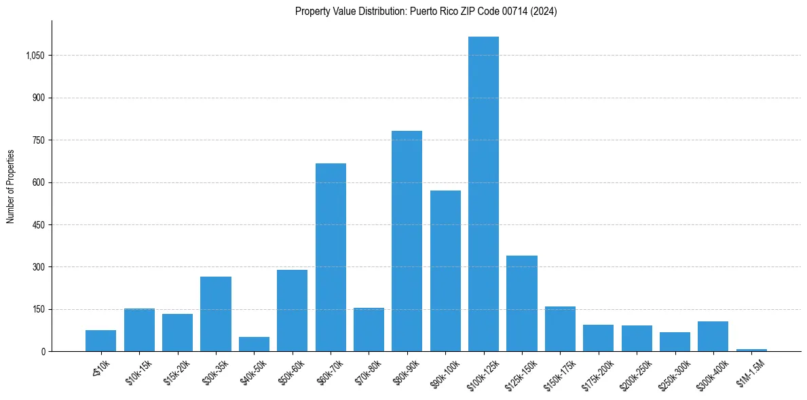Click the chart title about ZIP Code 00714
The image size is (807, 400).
(426, 12)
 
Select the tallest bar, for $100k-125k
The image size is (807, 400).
(483, 194)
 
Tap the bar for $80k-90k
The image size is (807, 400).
(407, 241)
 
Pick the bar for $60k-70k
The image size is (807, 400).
(331, 257)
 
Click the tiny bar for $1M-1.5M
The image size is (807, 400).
(751, 350)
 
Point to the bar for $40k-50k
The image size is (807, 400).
(254, 344)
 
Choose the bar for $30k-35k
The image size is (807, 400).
(216, 314)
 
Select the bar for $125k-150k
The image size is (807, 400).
(522, 303)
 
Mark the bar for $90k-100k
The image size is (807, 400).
(445, 271)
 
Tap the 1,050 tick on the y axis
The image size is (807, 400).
(35, 56)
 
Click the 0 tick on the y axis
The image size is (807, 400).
(43, 352)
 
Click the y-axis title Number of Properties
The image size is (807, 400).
(11, 186)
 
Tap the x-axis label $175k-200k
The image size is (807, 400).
(597, 373)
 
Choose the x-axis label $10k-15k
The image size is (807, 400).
(138, 371)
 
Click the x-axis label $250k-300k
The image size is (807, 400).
(674, 373)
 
